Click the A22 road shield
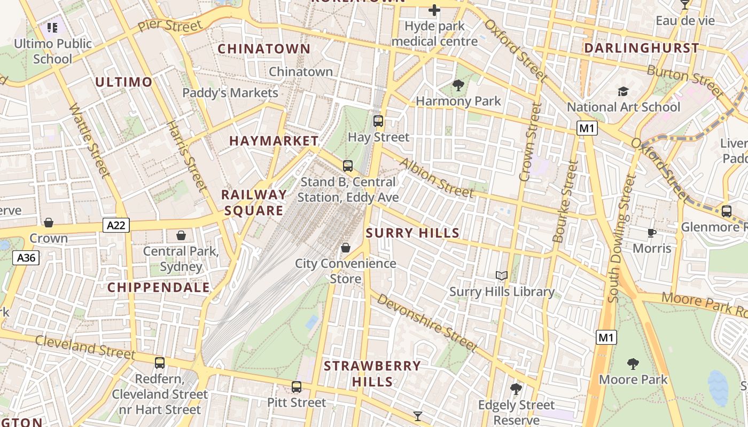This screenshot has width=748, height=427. coord(116,225)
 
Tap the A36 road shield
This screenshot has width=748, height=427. coord(26,258)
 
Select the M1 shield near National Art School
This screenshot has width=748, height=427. coord(587,128)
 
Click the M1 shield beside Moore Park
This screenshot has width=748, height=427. coord(606,337)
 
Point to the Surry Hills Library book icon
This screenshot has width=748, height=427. coord(501,276)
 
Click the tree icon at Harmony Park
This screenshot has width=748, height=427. coord(458,85)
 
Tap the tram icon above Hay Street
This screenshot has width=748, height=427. coord(378,121)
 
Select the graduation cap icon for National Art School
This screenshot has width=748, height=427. coord(623,91)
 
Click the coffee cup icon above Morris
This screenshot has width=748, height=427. coord(651,233)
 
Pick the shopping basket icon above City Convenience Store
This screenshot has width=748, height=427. coord(346,248)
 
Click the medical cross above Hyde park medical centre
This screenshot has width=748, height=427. coord(434,10)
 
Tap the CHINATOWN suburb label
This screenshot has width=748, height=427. coord(264,49)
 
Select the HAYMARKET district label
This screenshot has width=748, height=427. coord(274,141)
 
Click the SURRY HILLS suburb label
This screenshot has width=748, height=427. coord(412,233)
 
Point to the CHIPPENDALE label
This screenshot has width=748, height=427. coord(159,287)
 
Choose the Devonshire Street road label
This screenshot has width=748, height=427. coord(426,322)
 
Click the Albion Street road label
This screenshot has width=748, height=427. coord(437,177)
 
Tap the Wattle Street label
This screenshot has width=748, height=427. coord(89,140)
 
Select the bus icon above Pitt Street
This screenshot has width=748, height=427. coord(297,387)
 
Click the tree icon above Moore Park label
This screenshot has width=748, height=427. coord(633,364)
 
